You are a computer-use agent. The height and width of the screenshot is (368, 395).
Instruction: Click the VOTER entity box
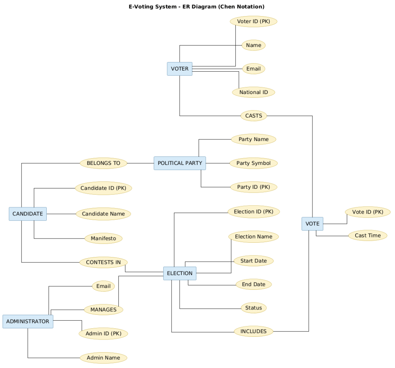click(x=180, y=69)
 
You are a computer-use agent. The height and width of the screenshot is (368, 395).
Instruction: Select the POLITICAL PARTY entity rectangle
click(x=180, y=163)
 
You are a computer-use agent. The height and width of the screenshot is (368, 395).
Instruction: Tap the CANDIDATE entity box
click(x=28, y=214)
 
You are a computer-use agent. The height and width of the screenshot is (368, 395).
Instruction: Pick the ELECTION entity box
click(x=180, y=273)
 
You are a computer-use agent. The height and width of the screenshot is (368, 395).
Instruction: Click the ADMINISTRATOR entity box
click(x=28, y=321)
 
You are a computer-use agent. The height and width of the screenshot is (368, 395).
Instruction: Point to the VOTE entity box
click(x=312, y=224)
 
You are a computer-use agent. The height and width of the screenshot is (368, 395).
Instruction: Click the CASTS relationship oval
click(x=254, y=116)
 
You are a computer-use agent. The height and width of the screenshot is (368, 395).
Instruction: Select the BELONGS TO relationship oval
click(x=103, y=163)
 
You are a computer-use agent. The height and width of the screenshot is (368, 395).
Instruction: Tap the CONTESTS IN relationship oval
click(x=103, y=262)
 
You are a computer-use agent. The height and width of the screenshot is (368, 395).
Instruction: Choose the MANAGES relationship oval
click(x=103, y=309)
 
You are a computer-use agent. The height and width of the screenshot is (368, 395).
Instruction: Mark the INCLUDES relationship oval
click(x=253, y=331)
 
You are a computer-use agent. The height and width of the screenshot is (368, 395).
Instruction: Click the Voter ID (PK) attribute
click(x=253, y=22)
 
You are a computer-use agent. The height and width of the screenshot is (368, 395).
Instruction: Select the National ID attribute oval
click(x=253, y=92)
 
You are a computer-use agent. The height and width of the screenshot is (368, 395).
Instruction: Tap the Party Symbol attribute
click(x=253, y=163)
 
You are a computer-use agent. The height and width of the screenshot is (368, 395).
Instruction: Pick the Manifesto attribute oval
click(x=103, y=239)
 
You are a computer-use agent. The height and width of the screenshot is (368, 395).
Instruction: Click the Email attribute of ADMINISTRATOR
click(x=103, y=286)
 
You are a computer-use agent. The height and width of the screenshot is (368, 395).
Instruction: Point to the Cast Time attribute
click(x=368, y=235)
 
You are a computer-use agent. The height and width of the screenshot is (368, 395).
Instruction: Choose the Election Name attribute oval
click(x=253, y=237)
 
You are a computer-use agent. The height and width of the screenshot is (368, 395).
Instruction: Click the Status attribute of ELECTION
click(x=253, y=308)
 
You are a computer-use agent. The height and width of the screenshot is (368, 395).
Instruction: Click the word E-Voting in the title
click(x=140, y=7)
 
